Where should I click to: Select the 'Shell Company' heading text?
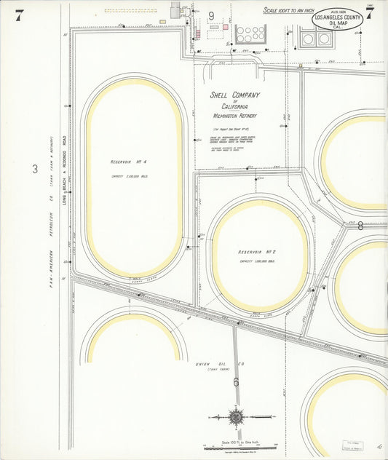click(234, 95)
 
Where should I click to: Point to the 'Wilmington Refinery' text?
click(234, 115)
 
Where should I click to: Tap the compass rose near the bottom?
click(236, 417)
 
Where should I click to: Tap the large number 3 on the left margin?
click(34, 170)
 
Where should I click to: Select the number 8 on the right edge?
click(360, 226)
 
